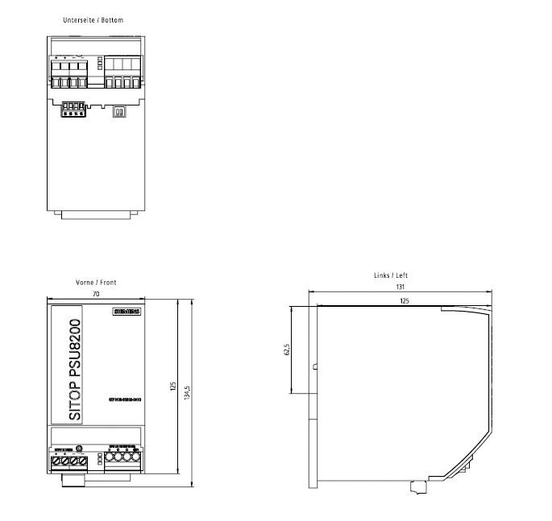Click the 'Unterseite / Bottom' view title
pyautogui.click(x=93, y=19)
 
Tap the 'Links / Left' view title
pyautogui.click(x=390, y=275)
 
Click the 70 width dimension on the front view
pyautogui.click(x=97, y=296)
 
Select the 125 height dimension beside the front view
pyautogui.click(x=172, y=387)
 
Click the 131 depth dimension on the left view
pyautogui.click(x=401, y=287)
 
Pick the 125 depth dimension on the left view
pyautogui.click(x=404, y=300)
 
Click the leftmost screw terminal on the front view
pyautogui.click(x=56, y=461)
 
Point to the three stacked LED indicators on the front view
pyautogui.click(x=99, y=460)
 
